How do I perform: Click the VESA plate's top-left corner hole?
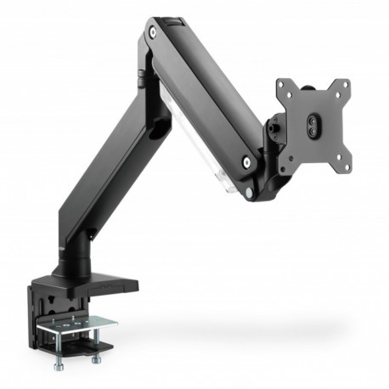pyautogui.click(x=282, y=87)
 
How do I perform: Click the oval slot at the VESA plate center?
pyautogui.click(x=313, y=124)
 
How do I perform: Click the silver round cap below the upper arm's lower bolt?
pyautogui.click(x=249, y=193)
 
